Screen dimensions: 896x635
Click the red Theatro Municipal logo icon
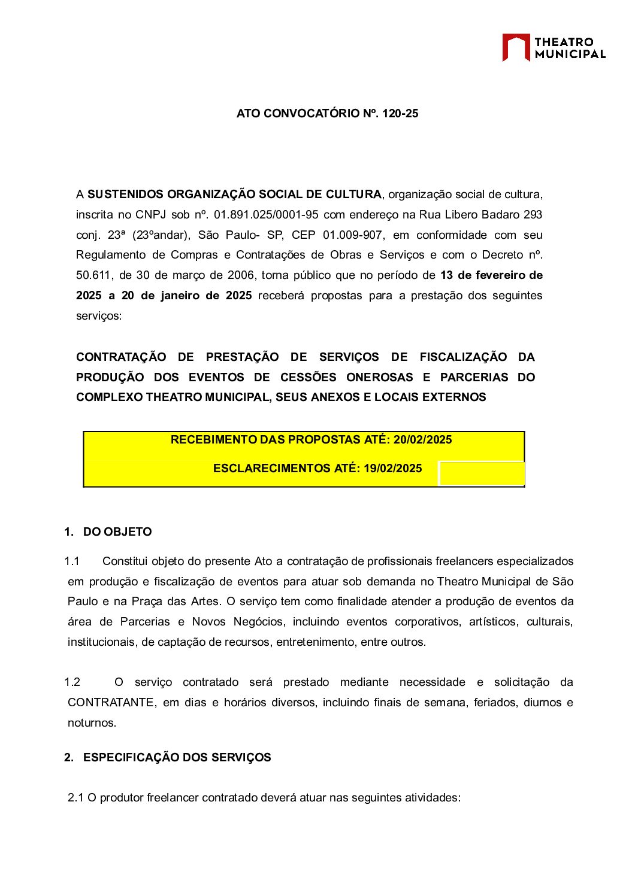(516, 47)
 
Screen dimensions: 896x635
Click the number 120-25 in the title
(400, 114)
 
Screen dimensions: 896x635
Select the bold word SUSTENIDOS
(125, 195)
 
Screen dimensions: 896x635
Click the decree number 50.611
(94, 275)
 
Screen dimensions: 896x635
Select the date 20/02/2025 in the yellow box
(422, 440)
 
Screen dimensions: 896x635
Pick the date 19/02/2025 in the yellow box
(392, 469)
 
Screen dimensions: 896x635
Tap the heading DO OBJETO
(117, 532)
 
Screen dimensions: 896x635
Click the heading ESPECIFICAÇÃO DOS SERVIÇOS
(177, 758)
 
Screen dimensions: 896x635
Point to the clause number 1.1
(72, 561)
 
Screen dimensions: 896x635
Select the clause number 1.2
(72, 682)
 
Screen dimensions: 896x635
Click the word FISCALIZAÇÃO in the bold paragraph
(463, 357)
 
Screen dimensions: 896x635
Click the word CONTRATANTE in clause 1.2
(111, 703)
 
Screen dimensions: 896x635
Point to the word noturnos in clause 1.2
(92, 723)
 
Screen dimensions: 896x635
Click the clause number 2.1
(75, 798)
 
